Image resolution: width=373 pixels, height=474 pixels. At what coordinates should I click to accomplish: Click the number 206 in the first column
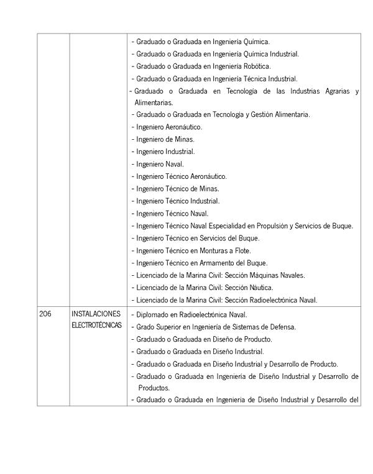coord(45,314)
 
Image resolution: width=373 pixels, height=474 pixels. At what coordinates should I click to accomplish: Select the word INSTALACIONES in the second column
coord(96,314)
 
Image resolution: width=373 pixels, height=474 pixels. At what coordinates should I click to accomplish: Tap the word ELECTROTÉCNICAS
coord(96,326)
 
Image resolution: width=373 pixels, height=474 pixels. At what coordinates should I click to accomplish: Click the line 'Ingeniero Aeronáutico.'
coord(169,127)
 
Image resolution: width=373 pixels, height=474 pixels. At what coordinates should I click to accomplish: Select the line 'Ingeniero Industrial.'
coord(165,152)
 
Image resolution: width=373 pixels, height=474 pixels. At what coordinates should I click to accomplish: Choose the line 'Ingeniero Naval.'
coord(160,164)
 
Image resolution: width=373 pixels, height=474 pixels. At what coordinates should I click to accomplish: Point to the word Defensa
coord(281,327)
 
